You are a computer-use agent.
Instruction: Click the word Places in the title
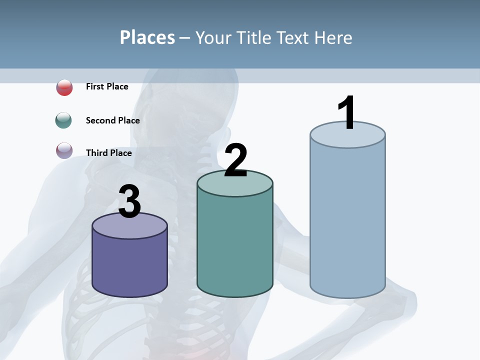tap(147, 37)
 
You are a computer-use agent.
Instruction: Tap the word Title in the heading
tap(254, 37)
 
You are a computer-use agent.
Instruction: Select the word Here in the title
tap(333, 37)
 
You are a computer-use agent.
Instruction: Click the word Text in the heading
tap(293, 37)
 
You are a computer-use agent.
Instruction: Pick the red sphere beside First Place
tap(64, 87)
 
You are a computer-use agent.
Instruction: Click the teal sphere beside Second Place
tap(64, 120)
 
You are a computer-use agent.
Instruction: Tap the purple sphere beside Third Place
tap(64, 150)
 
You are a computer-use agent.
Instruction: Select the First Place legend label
tap(107, 86)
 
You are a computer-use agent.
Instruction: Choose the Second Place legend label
tap(112, 120)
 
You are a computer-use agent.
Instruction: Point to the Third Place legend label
tap(108, 153)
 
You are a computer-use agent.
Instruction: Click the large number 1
tap(346, 113)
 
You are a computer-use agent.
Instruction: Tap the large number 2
tap(235, 161)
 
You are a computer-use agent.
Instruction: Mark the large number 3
tap(129, 202)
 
